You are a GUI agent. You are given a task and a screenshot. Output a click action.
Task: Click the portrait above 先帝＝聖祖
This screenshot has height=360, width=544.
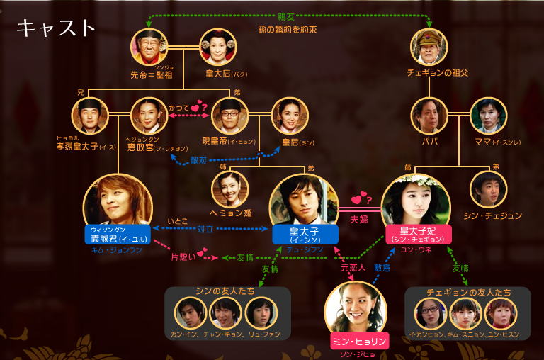pyautogui.click(x=149, y=47)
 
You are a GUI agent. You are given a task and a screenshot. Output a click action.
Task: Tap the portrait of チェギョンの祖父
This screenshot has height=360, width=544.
pyautogui.click(x=430, y=47)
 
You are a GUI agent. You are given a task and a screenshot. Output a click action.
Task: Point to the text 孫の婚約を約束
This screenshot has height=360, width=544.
pyautogui.click(x=287, y=30)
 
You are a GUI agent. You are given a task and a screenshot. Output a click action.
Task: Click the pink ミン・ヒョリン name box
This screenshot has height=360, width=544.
pyautogui.click(x=360, y=342)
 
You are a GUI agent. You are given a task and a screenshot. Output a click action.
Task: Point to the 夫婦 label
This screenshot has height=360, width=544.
pyautogui.click(x=360, y=220)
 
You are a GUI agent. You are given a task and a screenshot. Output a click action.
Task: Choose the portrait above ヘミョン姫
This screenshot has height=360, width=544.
pyautogui.click(x=229, y=188)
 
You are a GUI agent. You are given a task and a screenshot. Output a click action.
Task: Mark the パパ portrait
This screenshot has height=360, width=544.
pyautogui.click(x=429, y=116)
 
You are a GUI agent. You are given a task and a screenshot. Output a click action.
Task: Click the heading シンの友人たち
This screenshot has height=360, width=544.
pyautogui.click(x=227, y=293)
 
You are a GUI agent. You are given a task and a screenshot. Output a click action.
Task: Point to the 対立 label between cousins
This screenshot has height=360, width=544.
pyautogui.click(x=205, y=230)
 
